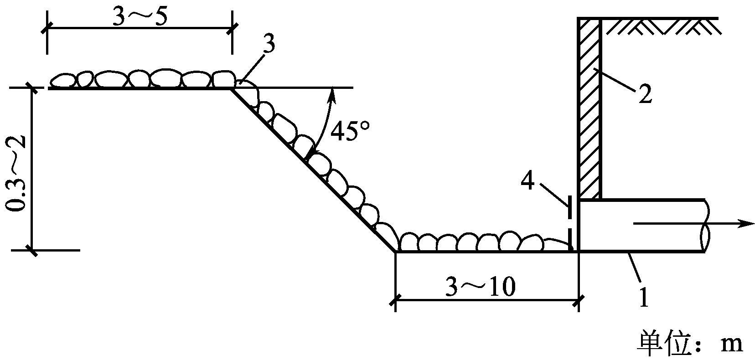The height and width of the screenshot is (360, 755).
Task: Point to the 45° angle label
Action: [x=350, y=131]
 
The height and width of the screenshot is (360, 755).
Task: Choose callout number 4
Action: [x=527, y=181]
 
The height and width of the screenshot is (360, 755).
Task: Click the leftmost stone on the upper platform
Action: [x=63, y=81]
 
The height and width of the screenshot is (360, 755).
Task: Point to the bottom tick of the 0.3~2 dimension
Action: [x=31, y=250]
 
